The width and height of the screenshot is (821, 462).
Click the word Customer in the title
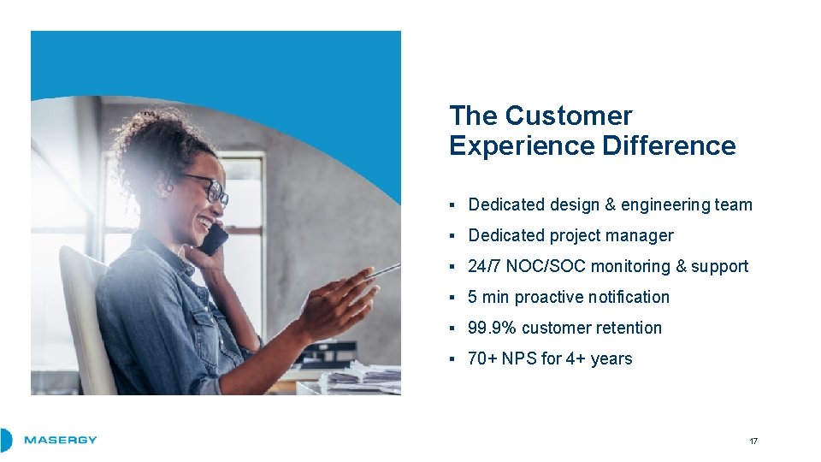point(569,115)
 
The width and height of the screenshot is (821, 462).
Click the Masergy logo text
point(60,440)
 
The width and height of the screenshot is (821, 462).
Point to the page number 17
point(753,441)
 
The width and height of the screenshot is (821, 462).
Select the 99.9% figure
point(492,328)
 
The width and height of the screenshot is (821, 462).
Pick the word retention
point(629,328)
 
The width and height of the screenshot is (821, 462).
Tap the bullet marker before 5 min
point(452,298)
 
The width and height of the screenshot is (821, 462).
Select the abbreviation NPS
point(520,358)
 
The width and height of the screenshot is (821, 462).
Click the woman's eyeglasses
point(209,188)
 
